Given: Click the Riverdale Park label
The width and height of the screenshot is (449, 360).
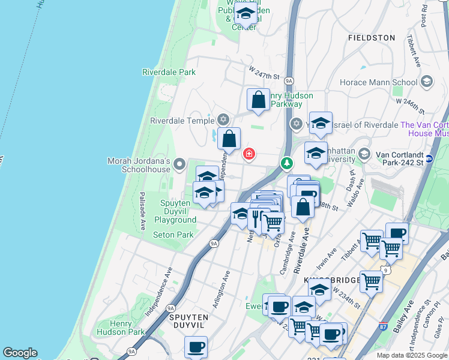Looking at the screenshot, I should pos(169,72).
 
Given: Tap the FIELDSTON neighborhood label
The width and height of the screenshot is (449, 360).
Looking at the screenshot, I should pos(371,37).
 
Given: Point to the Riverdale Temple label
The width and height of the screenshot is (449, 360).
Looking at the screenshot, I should pos(182,120).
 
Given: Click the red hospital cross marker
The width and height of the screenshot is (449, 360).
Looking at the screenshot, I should pos(249,155).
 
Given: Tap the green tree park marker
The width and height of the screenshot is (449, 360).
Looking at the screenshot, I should pos(288,163).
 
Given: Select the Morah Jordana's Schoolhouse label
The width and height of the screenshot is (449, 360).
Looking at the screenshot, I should pos(139,165).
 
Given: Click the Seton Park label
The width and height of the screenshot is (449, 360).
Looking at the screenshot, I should pos(173,235).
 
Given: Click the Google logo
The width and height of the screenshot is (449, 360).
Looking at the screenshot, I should pos(20,353).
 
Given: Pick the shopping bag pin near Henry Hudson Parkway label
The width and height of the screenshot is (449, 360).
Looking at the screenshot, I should pos(258,100).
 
